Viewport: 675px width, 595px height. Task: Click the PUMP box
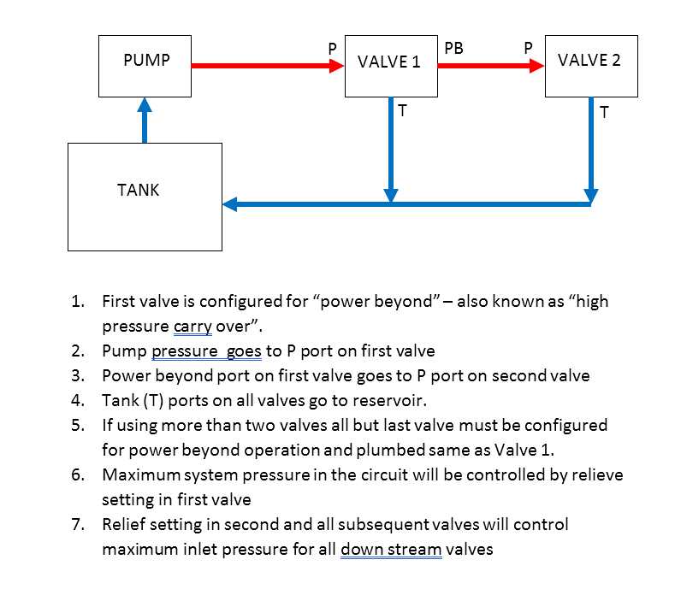[x=145, y=66]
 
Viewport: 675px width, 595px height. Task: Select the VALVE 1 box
[x=390, y=66]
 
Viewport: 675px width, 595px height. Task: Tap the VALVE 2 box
[x=590, y=66]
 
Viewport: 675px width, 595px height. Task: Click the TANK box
[x=145, y=197]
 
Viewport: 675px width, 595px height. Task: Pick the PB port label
[x=453, y=49]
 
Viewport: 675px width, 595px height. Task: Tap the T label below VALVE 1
[x=402, y=110]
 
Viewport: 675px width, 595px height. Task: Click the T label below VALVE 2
[x=604, y=112]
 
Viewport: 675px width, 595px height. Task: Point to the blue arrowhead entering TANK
[x=229, y=204]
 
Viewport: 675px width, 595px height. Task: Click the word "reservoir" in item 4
[x=382, y=400]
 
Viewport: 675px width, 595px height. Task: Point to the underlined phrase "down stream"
[x=391, y=549]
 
